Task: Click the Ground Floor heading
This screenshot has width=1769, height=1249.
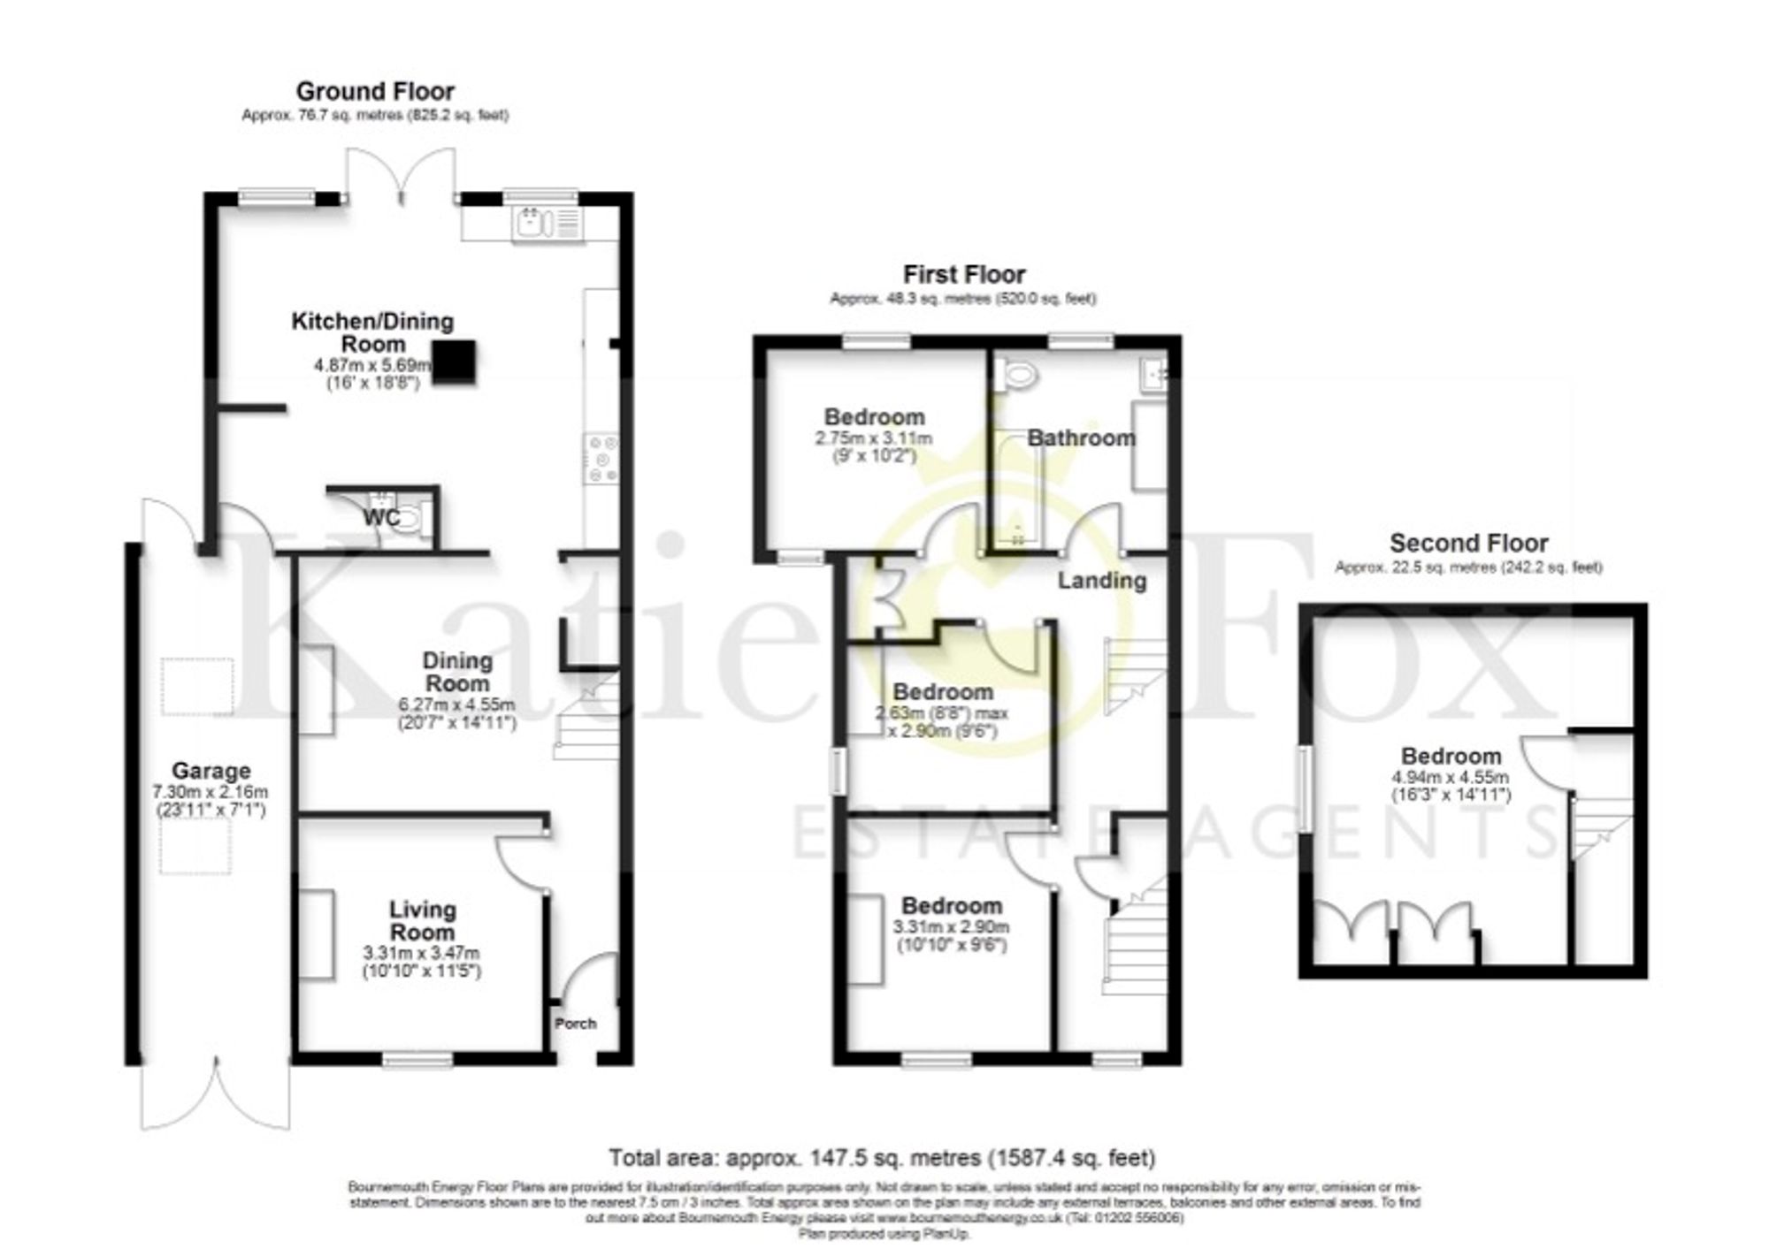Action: coord(375,91)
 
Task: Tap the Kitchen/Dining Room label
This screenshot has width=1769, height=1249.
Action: coord(372,332)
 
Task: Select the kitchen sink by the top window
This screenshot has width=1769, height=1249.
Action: coord(531,225)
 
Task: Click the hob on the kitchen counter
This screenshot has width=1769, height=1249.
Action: coord(601,459)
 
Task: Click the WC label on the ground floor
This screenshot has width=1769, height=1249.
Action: coord(381,518)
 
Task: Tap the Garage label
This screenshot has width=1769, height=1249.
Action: coord(211,771)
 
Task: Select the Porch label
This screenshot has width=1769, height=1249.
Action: coord(575,1024)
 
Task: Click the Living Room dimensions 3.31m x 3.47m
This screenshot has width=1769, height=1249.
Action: coord(422,954)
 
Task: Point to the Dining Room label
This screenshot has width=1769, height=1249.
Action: coord(456,672)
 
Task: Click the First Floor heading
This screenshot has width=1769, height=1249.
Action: coord(964,275)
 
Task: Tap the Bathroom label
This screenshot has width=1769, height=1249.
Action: coord(1081,438)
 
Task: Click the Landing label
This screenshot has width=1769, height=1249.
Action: coord(1102,581)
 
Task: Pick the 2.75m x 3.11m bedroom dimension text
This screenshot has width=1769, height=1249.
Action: coord(874,438)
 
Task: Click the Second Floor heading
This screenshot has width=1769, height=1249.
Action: coord(1468,543)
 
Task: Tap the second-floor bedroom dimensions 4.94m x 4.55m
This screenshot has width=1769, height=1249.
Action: coord(1451,778)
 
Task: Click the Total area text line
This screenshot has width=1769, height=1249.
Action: coord(882,1157)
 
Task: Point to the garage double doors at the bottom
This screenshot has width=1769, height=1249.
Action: coord(215,1096)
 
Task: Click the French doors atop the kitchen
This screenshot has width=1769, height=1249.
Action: coord(401,177)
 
